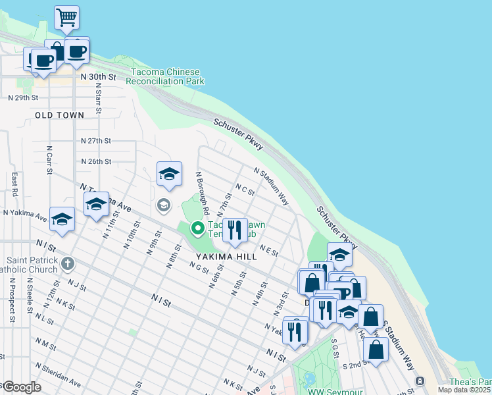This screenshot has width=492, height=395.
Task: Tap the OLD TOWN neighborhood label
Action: coord(60,115)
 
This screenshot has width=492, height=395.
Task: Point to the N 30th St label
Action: coord(98,77)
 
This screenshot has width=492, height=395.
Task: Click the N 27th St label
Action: coord(96,141)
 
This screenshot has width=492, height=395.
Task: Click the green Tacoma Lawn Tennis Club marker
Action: coord(197,228)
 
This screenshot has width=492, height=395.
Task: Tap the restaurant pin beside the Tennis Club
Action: coord(234,230)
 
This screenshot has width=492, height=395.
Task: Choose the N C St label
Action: coord(245,190)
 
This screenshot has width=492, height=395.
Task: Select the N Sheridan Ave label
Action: coord(59,375)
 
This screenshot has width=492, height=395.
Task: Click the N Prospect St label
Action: coord(12,300)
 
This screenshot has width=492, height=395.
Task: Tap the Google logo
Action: coord(21,387)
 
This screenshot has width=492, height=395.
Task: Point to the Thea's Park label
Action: coord(470,382)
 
